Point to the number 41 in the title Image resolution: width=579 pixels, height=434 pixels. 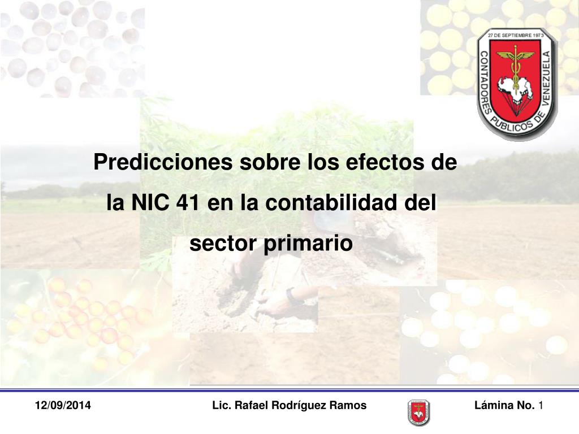[x=188, y=203]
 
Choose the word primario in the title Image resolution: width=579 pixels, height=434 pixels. [x=308, y=244]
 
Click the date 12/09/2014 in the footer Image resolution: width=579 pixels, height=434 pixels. [x=63, y=405]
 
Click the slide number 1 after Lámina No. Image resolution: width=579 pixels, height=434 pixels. [x=541, y=405]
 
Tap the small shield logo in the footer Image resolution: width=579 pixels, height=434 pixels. [x=419, y=413]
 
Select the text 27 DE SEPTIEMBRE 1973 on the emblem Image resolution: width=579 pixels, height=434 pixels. [x=516, y=36]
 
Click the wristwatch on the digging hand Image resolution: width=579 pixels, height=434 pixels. [x=292, y=296]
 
